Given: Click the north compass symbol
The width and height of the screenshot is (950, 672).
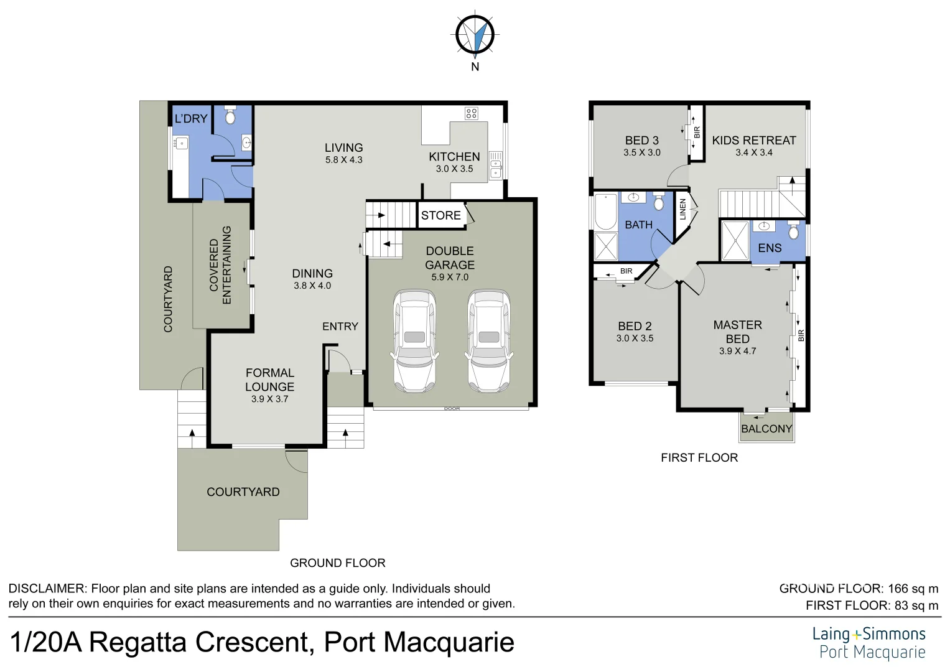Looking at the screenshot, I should coord(475,35).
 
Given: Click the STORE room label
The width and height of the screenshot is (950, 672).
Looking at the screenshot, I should coord(440,215).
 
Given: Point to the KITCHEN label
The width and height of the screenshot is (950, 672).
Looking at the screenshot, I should coord(454,157).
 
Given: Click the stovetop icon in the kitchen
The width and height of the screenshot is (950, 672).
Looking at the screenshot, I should coord(472,113).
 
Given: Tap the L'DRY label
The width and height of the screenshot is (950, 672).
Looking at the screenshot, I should coord(190,119).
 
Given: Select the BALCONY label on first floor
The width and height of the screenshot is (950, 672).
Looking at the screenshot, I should coord(766,429).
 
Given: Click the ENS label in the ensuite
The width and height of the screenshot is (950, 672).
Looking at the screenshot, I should coord(770,248).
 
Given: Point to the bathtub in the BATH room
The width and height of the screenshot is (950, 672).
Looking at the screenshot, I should coord(605,212).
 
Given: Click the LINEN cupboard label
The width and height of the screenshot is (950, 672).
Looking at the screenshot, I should coord(682,209).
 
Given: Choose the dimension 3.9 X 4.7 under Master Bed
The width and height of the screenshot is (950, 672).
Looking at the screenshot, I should coord(737,351).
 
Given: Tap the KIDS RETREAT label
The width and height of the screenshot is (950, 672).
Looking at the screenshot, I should coord(754,141).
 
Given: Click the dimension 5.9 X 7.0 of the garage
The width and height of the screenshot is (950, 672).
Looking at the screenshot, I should coord(450,278).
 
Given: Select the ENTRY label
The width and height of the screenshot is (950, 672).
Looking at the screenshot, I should coord(340,327).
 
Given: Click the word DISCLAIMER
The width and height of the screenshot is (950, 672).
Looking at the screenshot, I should coord(47,589).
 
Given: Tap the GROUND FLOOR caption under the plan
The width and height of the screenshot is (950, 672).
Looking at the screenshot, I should coord(337,563).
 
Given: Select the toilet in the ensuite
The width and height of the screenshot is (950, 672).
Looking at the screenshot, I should coord(793,231).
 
